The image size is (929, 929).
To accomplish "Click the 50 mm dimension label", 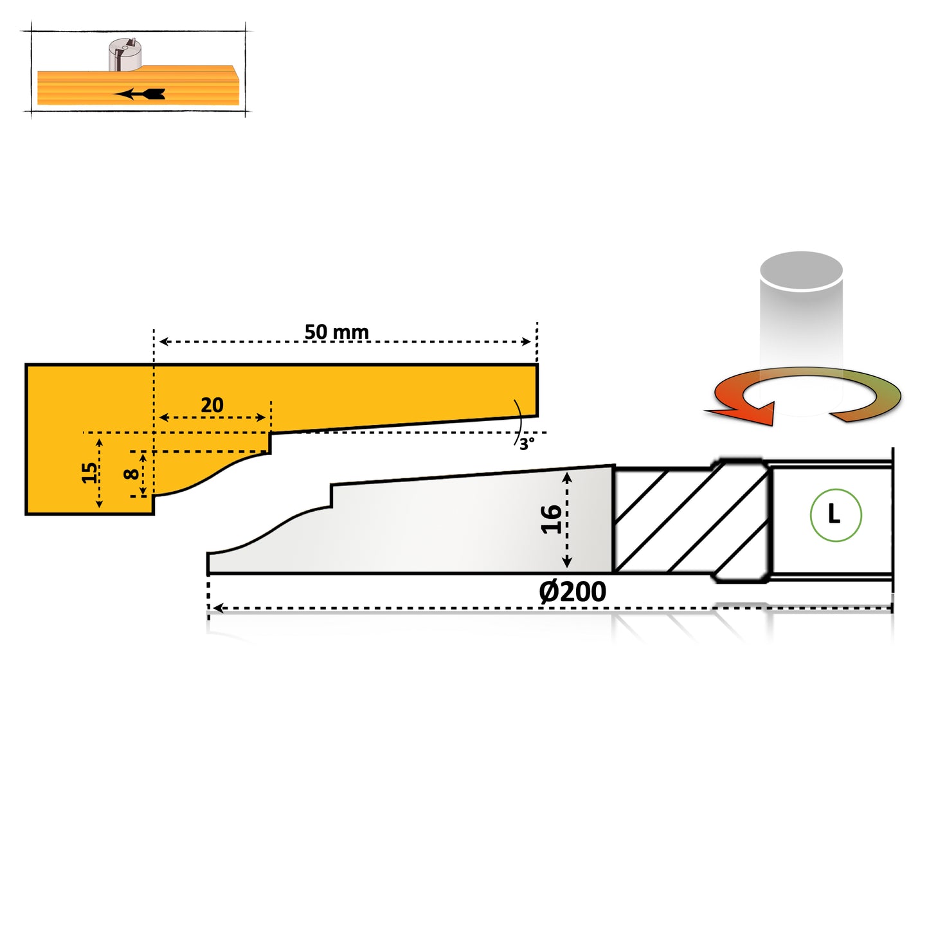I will [x=336, y=332].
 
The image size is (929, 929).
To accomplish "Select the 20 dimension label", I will [x=212, y=405].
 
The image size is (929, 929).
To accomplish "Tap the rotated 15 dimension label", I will [x=90, y=473].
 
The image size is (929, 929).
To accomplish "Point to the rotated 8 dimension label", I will [x=132, y=474].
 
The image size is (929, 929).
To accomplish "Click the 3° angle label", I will [x=527, y=444].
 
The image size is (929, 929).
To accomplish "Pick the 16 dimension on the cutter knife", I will [x=551, y=519].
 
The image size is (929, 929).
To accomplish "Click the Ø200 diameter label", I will [x=572, y=591].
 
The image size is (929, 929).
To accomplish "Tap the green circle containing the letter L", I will [x=835, y=515].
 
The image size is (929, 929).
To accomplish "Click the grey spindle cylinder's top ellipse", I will [x=801, y=270].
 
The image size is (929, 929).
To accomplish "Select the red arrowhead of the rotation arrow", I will [x=746, y=411].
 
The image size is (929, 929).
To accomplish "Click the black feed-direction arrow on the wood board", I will [x=140, y=94].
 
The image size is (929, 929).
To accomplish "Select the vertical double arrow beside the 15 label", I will [x=100, y=473].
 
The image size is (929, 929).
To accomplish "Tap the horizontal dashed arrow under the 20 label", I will [x=212, y=418].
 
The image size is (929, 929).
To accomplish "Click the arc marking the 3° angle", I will [x=518, y=421].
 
